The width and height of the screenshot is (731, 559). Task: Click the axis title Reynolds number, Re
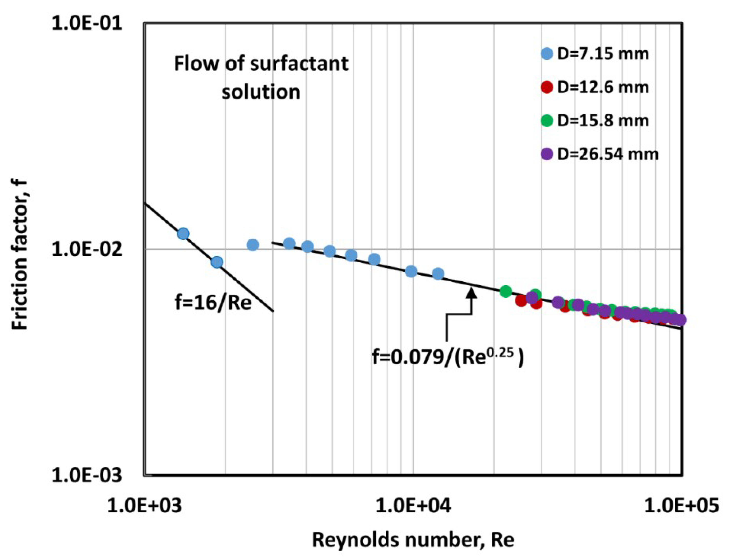(413, 540)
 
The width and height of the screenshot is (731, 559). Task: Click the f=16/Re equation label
(213, 303)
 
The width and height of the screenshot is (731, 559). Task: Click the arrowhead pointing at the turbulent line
(471, 292)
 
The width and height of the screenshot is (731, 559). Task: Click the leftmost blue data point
(183, 234)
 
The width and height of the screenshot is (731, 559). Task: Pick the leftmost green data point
(506, 291)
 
